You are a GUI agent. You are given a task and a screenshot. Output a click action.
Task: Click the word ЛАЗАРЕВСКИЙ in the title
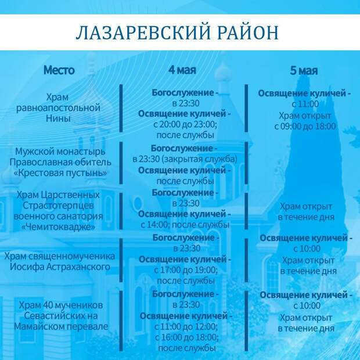click(143, 33)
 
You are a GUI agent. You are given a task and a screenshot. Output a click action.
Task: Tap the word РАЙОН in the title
click(248, 33)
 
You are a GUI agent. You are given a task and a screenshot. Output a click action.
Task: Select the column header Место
click(59, 70)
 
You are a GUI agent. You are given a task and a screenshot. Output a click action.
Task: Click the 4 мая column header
click(182, 70)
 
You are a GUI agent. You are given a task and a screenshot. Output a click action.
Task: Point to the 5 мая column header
click(304, 70)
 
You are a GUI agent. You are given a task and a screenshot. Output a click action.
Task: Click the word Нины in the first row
click(58, 118)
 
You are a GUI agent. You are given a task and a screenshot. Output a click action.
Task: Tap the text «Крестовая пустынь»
click(60, 172)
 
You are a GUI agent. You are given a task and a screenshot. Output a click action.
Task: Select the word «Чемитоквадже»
click(58, 227)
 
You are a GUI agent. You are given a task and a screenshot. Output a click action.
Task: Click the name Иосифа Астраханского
click(60, 267)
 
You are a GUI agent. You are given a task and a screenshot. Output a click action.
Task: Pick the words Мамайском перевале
click(61, 326)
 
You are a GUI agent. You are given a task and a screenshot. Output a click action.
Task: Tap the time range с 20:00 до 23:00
click(185, 124)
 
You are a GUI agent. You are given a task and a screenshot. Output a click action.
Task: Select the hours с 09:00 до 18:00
click(305, 126)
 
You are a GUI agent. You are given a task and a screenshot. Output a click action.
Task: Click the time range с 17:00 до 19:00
click(185, 270)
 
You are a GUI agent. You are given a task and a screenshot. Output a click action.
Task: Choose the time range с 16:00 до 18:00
click(186, 337)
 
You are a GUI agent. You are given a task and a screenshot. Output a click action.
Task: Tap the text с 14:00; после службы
click(185, 225)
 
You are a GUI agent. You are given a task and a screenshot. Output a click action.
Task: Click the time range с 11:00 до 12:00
click(185, 326)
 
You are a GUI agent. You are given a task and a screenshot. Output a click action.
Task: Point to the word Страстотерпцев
click(58, 206)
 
